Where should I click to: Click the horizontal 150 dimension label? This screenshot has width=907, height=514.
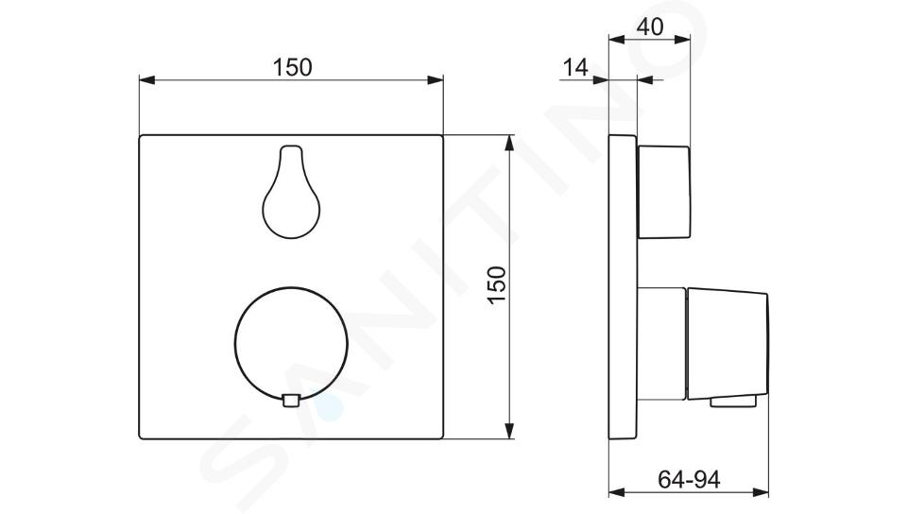click(x=292, y=67)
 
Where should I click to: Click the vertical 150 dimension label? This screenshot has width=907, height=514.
click(x=497, y=283)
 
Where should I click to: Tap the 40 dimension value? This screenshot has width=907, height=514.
click(x=650, y=26)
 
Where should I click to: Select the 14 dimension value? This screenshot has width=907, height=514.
click(x=575, y=68)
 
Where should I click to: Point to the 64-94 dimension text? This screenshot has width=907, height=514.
click(x=689, y=479)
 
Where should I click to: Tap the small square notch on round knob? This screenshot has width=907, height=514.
click(x=291, y=401)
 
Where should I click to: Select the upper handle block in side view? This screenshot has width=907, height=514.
click(x=663, y=192)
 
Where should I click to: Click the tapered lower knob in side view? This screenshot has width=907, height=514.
click(x=727, y=343)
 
